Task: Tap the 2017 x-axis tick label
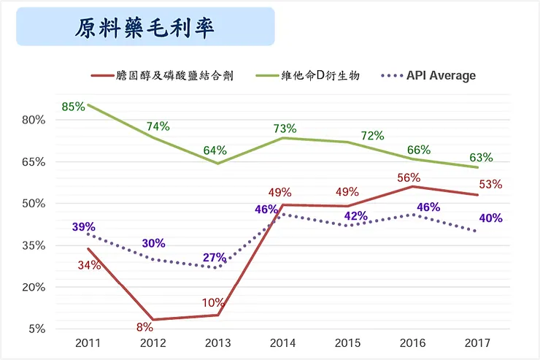[477, 342]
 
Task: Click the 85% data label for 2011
[74, 107]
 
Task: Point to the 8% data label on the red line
[144, 326]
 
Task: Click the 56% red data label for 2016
[409, 177]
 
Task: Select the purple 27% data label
[214, 257]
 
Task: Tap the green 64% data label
[215, 150]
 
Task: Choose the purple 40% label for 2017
[490, 218]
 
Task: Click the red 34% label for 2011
[89, 265]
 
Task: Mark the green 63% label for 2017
[481, 157]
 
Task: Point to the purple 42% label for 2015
[355, 215]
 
